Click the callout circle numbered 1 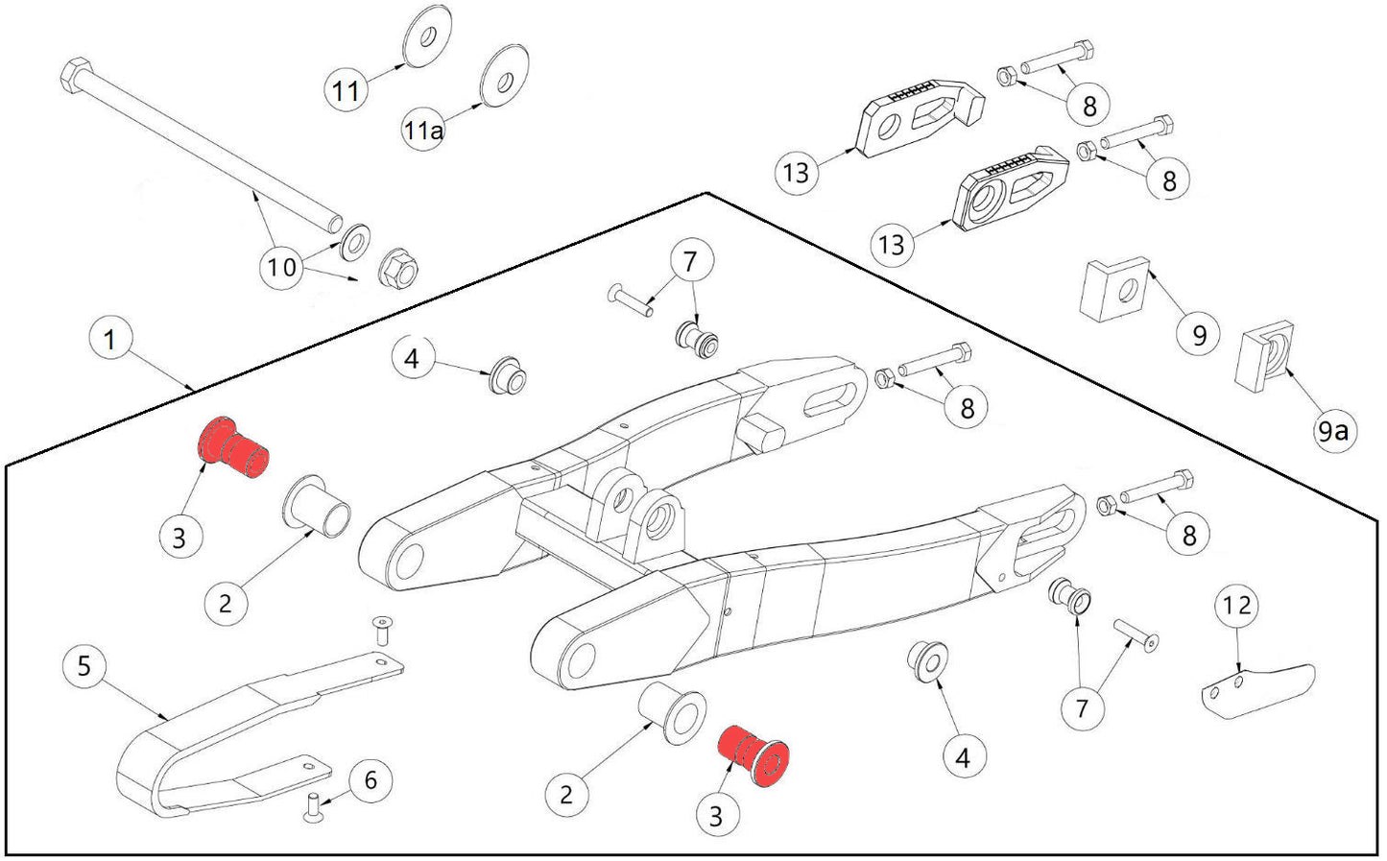click(x=109, y=340)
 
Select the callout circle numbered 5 click(x=84, y=665)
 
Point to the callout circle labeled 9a click(x=1332, y=430)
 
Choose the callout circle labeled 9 click(x=1199, y=335)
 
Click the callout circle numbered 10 click(x=282, y=266)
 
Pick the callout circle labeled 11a click(x=423, y=130)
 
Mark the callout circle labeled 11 click(x=346, y=90)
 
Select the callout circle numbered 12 click(x=1237, y=606)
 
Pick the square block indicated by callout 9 click(x=1114, y=288)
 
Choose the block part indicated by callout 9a click(x=1259, y=359)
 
